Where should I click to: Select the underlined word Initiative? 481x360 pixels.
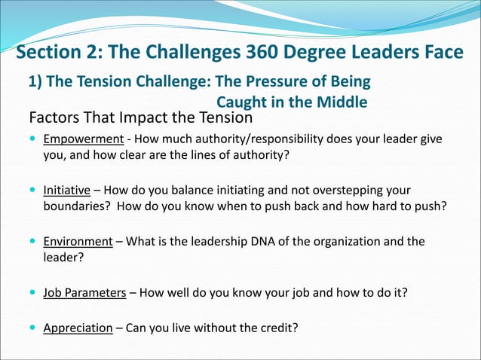click(x=66, y=190)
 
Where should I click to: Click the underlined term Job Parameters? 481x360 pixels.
click(x=84, y=292)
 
